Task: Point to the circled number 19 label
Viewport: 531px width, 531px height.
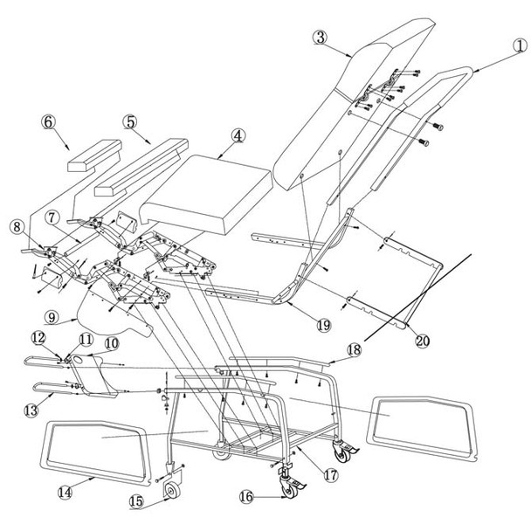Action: click(x=323, y=325)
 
